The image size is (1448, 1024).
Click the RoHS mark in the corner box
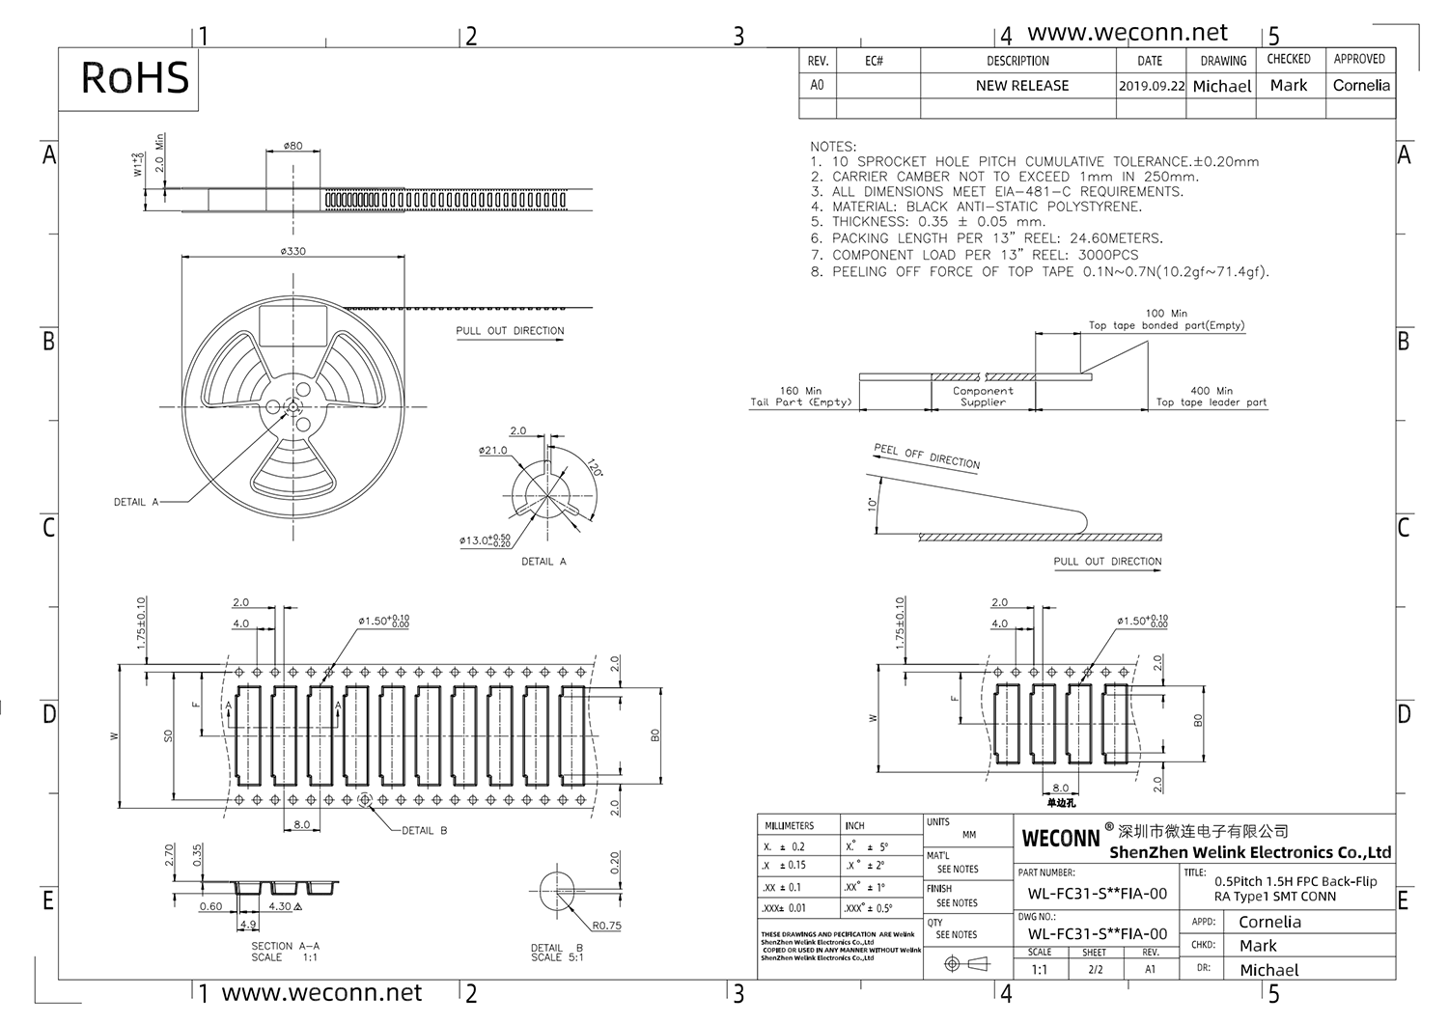coord(134,77)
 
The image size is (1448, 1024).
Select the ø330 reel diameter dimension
coord(293,251)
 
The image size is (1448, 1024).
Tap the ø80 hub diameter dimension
coord(293,146)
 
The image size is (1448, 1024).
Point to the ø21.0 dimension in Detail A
coord(492,451)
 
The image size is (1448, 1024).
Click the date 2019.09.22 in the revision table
coord(1151,86)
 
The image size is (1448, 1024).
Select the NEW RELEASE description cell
coord(1021,86)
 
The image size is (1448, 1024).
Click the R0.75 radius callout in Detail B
coord(607,926)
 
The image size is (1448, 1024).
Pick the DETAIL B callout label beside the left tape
coord(424,830)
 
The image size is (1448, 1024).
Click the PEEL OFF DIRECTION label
coord(926,457)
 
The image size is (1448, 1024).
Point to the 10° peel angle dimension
coord(873,504)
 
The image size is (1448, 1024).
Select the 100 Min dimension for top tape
coord(1166,314)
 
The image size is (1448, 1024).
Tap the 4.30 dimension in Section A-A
coord(282,907)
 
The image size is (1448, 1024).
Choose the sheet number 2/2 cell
coord(1095,969)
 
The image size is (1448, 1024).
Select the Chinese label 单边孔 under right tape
coord(1060,803)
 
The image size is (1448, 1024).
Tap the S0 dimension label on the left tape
coord(168,735)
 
